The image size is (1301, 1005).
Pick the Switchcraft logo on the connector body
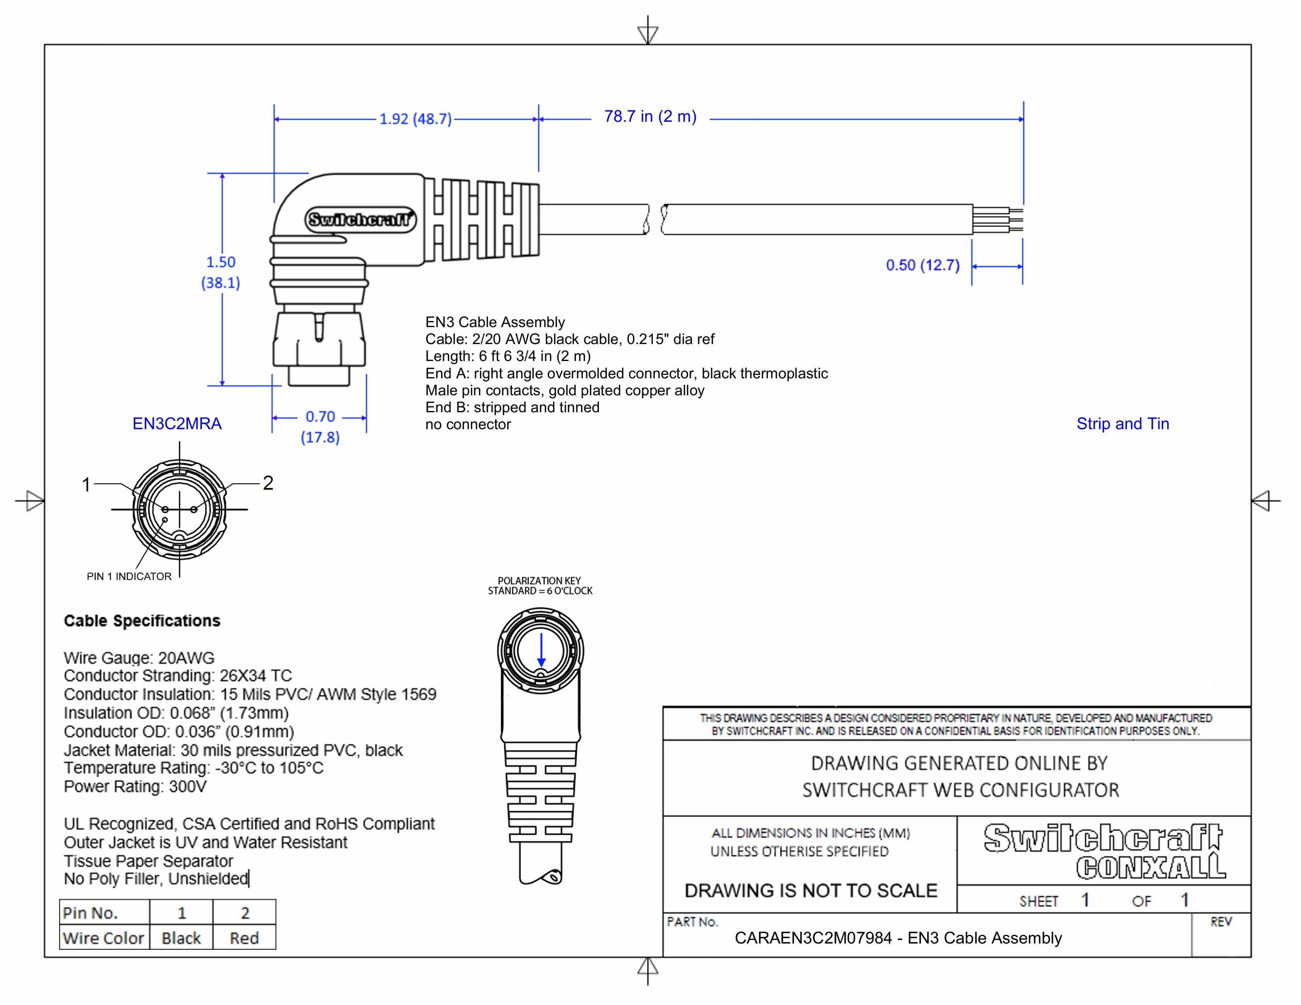(x=360, y=220)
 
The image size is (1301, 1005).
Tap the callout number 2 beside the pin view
(x=268, y=483)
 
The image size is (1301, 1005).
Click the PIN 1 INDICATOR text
(x=129, y=576)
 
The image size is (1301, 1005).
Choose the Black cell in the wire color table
(x=181, y=938)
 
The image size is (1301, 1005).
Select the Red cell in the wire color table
(x=244, y=938)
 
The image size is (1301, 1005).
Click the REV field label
(x=1221, y=922)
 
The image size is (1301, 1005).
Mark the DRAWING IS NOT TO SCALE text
(x=811, y=891)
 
